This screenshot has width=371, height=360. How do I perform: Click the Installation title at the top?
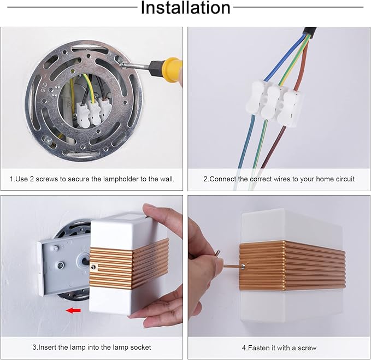pyautogui.click(x=186, y=8)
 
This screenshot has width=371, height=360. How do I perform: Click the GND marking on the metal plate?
pyautogui.click(x=44, y=87)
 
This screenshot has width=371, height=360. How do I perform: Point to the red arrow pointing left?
pyautogui.click(x=73, y=310)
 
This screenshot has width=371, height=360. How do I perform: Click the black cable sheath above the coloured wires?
pyautogui.click(x=309, y=32)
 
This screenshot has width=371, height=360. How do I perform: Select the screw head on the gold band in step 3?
pyautogui.click(x=93, y=267)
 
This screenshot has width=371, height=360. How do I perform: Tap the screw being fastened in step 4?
pyautogui.click(x=243, y=267)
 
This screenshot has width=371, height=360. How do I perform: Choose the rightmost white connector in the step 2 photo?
pyautogui.click(x=290, y=109)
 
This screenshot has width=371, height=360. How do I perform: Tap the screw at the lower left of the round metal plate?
pyautogui.click(x=49, y=141)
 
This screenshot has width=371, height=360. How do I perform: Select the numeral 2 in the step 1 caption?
pyautogui.click(x=32, y=179)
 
